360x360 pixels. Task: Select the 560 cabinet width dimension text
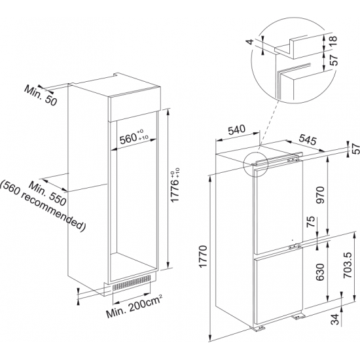point(133,140)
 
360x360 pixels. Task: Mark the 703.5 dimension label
point(352,266)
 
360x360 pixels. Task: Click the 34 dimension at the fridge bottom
point(334,321)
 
